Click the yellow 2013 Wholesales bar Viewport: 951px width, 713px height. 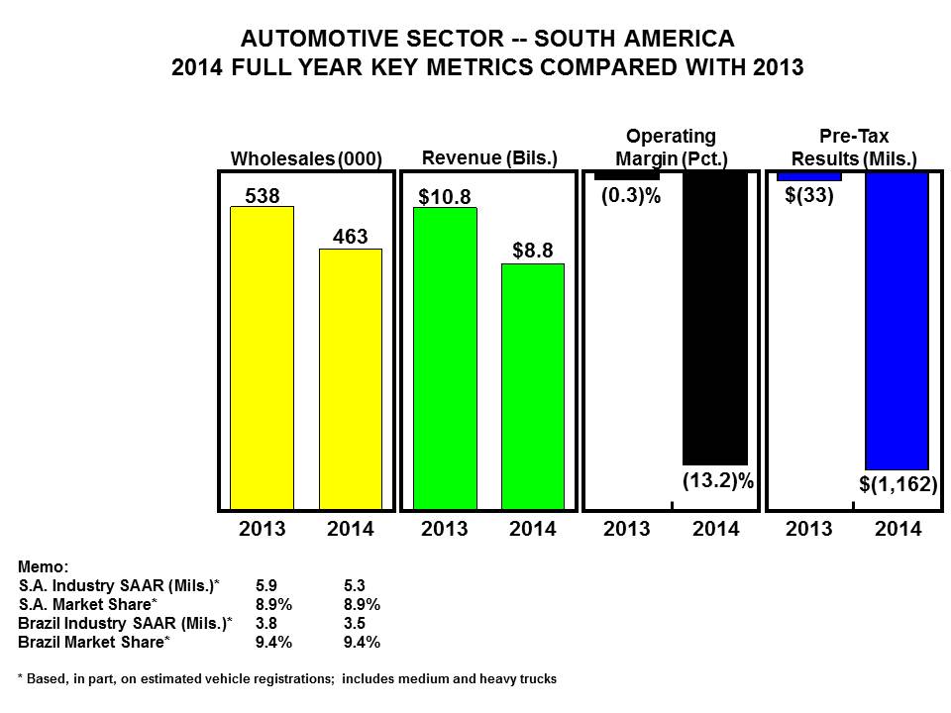(x=262, y=356)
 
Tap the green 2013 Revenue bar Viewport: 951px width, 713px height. (x=445, y=356)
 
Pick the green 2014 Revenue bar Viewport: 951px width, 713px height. (x=533, y=386)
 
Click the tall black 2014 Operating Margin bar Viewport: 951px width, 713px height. (x=715, y=317)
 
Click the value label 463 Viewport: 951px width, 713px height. (x=350, y=237)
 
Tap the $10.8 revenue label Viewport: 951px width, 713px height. (x=445, y=195)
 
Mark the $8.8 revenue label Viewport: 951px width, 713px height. (x=533, y=252)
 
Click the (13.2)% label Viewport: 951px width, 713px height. (x=718, y=481)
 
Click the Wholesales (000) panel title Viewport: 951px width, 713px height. (x=306, y=158)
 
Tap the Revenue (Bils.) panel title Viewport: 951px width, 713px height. (x=489, y=157)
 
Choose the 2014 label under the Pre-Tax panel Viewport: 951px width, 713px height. (x=898, y=530)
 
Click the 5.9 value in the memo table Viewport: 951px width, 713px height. (x=267, y=585)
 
